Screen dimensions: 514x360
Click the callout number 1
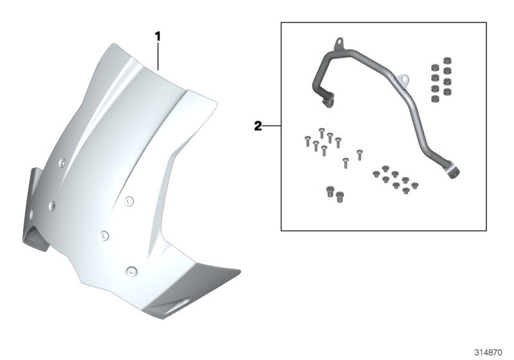pos(157,37)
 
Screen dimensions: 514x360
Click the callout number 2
pos(258,126)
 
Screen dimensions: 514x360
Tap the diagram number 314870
pos(488,352)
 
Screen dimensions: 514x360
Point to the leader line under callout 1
pos(158,57)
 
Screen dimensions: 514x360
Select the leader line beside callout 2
pos(272,125)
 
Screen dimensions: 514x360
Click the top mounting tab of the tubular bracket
pos(339,43)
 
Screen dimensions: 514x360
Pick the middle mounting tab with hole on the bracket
pos(403,79)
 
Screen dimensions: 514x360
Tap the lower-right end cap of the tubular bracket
pos(454,172)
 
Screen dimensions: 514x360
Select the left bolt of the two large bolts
pos(330,192)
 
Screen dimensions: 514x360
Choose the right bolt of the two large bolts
pos(340,197)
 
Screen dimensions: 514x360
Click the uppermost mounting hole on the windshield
pos(62,162)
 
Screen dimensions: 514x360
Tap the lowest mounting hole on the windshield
pos(132,271)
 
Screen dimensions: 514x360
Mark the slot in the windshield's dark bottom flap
pos(176,305)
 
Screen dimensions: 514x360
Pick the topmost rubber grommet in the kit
pos(446,60)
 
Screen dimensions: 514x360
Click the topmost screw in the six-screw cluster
pos(322,132)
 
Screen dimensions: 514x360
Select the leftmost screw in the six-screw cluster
pos(308,141)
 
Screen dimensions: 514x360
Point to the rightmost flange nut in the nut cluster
pos(415,186)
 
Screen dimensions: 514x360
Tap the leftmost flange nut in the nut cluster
pos(377,174)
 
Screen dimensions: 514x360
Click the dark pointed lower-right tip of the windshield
pos(239,271)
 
